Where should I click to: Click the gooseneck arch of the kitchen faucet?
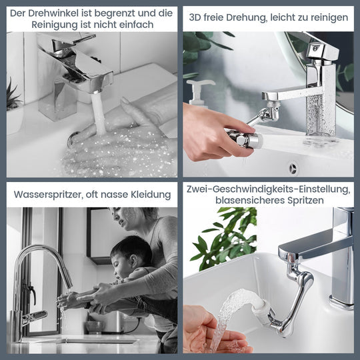click(39, 252)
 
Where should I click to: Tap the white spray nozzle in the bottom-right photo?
click(261, 306)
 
